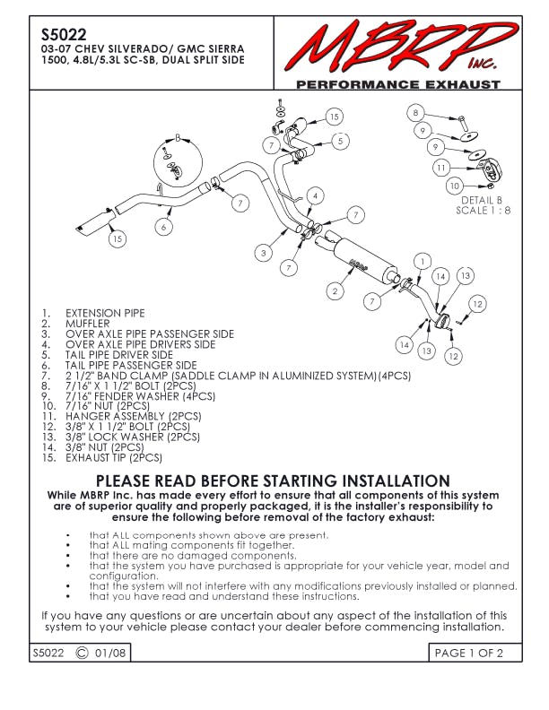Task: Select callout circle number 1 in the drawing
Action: (422, 261)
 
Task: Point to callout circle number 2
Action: (335, 290)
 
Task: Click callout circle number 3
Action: (264, 254)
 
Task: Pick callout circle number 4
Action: (315, 196)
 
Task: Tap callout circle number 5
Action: (339, 141)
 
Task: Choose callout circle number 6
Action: (163, 228)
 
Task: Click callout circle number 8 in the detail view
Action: (415, 113)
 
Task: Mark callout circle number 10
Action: (455, 186)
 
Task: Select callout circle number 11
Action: (440, 168)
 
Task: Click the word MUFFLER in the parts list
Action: (88, 324)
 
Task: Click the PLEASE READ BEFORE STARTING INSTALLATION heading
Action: (273, 481)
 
